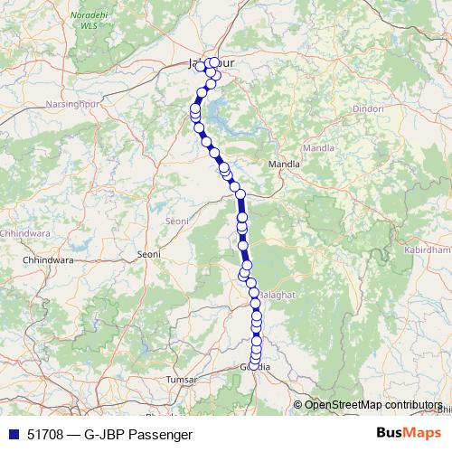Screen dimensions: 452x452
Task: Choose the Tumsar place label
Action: coord(181,381)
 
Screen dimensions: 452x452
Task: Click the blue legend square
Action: coord(12,434)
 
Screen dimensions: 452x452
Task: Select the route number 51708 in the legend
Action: coord(45,434)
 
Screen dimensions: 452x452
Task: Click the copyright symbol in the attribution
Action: coord(299,405)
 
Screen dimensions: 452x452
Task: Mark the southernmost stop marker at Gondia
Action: coord(255,363)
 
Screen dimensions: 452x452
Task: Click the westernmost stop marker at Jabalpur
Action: coord(200,66)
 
